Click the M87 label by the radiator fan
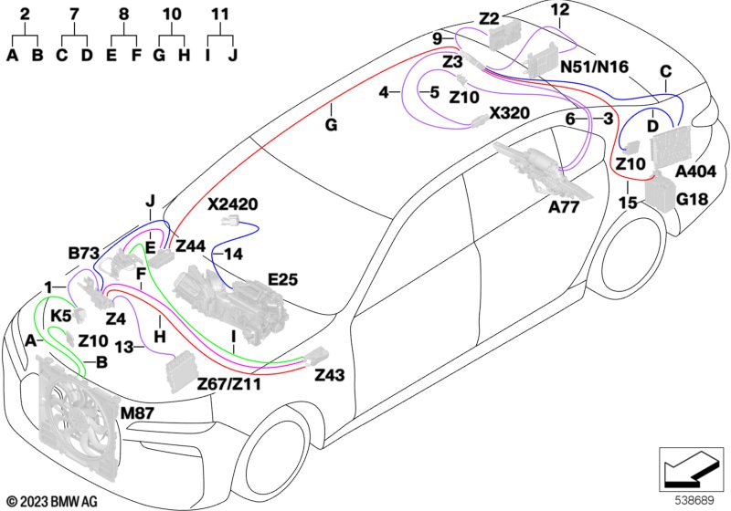137,412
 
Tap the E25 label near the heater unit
282,279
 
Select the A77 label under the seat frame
564,206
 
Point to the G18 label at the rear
692,200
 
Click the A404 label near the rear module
695,172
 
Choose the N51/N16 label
595,67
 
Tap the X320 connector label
509,112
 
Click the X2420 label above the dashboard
233,203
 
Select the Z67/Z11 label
229,384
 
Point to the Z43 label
330,375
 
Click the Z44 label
190,245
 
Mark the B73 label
84,253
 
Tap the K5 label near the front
60,317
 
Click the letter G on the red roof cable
331,125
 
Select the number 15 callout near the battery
628,203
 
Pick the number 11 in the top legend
220,14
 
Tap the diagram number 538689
695,500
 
